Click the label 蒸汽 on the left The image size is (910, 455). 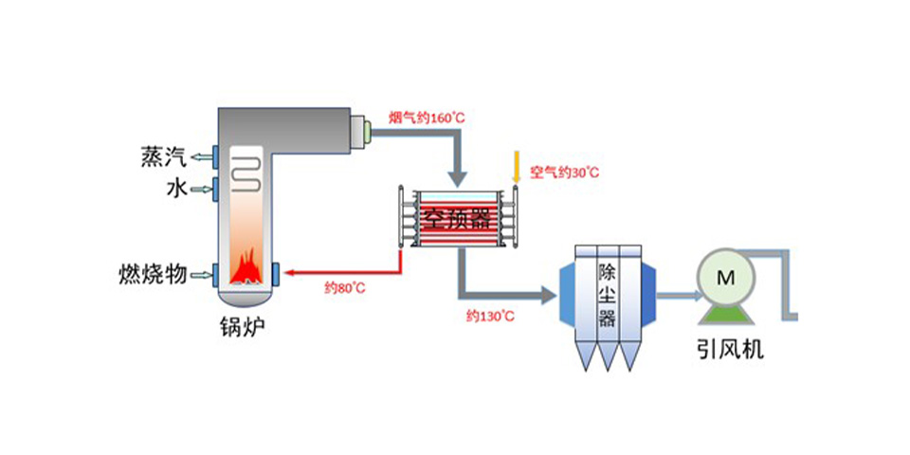(158, 155)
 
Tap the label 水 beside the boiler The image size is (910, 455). (175, 190)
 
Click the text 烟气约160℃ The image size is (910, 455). (427, 118)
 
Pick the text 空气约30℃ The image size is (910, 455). (564, 172)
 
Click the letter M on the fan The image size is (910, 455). (726, 277)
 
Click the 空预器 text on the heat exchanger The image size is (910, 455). (459, 220)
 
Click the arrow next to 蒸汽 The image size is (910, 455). (200, 155)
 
